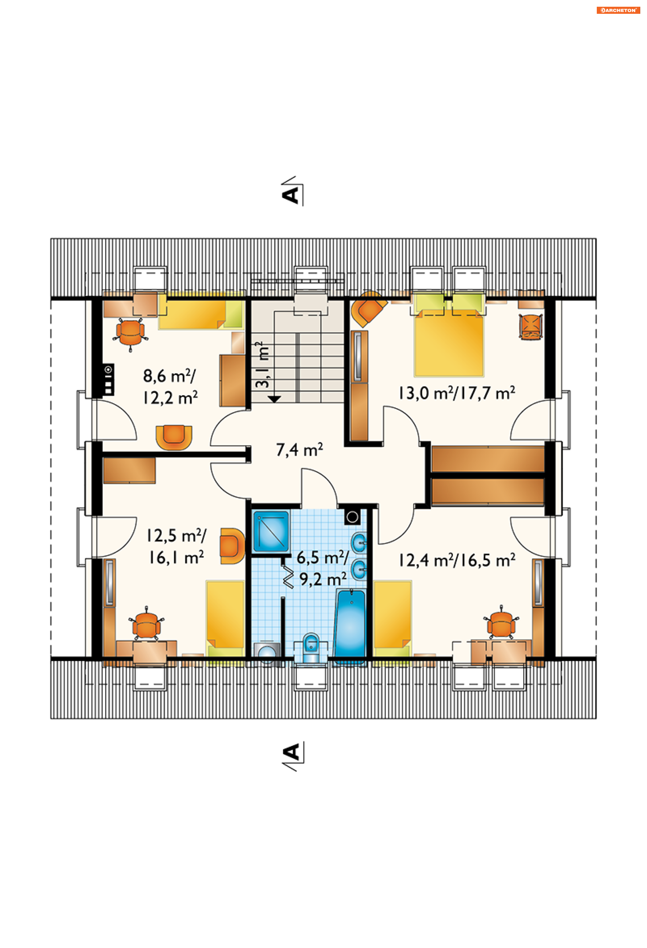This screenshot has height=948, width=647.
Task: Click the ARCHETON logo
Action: tap(618, 10)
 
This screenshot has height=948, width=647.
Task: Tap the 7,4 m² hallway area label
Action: tap(300, 450)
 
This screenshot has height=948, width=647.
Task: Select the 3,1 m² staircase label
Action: tap(262, 365)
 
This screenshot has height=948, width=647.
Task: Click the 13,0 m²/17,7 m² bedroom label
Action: tap(457, 393)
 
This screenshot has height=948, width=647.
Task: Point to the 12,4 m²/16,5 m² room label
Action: tap(457, 560)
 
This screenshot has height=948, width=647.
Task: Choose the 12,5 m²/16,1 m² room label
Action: tap(176, 547)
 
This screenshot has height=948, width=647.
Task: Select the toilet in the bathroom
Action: tap(311, 647)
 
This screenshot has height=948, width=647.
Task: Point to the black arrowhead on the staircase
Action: tap(274, 399)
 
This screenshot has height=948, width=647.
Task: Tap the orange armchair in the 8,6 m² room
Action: tap(174, 437)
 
